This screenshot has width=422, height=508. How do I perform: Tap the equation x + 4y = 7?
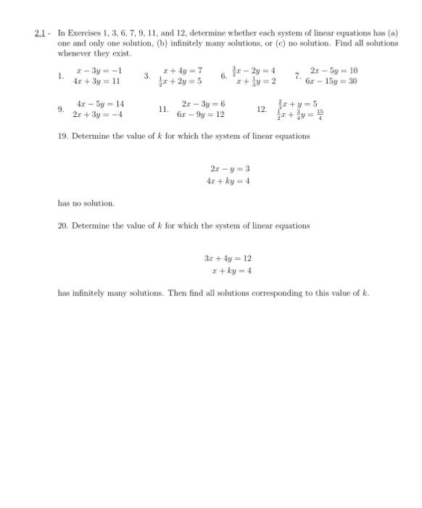click(183, 70)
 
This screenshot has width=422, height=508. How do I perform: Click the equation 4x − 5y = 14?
click(100, 105)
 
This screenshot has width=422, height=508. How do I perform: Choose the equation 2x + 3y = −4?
click(99, 115)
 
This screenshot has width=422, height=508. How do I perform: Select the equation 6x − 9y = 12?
click(201, 115)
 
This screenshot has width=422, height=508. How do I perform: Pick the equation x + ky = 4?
click(230, 271)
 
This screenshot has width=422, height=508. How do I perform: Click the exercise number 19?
click(62, 136)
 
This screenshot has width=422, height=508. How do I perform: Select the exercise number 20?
click(62, 226)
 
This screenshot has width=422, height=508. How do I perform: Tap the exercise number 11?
click(163, 110)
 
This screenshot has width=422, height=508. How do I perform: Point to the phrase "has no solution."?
click(86, 203)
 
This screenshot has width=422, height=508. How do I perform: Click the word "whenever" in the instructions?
click(74, 53)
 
